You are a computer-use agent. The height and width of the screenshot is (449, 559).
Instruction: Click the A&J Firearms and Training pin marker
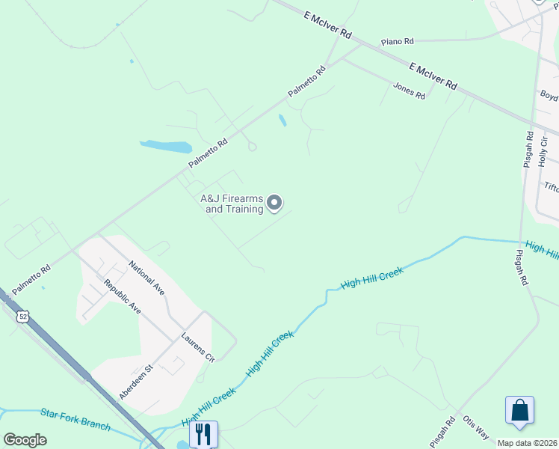(x=274, y=203)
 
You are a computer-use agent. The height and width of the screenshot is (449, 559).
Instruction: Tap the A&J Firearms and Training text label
(x=232, y=204)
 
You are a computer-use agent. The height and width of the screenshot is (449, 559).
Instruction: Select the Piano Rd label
(x=396, y=42)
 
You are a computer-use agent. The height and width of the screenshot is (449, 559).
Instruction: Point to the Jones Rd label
(x=409, y=90)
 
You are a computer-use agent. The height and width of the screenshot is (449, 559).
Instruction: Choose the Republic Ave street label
(x=123, y=296)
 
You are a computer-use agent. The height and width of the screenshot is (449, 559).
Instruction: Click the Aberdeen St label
(x=135, y=382)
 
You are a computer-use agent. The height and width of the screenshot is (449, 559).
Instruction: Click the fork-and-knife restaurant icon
(x=203, y=433)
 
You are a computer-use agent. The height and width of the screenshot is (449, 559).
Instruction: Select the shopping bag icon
(x=519, y=410)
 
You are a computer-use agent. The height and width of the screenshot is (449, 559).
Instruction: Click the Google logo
(x=25, y=440)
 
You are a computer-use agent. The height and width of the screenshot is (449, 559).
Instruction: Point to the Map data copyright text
(x=528, y=443)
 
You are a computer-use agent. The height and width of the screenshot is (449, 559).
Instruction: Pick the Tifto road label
(x=551, y=188)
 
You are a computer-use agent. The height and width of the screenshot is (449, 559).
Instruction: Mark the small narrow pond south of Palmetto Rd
(x=282, y=120)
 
